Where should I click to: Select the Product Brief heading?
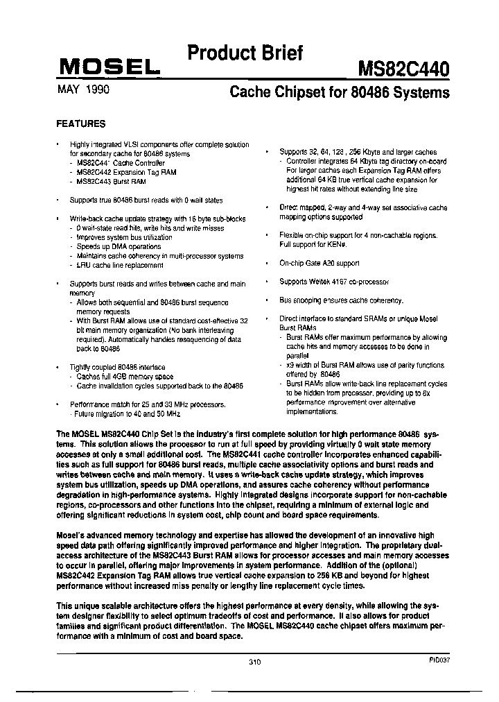pos(245,53)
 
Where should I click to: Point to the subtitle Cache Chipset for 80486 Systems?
pos(339,92)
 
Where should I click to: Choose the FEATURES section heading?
pos(80,124)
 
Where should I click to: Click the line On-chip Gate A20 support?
pos(319,264)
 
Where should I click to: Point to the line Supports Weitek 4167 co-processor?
pos(334,282)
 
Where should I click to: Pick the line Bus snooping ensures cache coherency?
pos(341,300)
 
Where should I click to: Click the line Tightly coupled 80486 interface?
pos(117,367)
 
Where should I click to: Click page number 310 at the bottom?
pos(254,662)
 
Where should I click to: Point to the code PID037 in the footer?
pos(439,660)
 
